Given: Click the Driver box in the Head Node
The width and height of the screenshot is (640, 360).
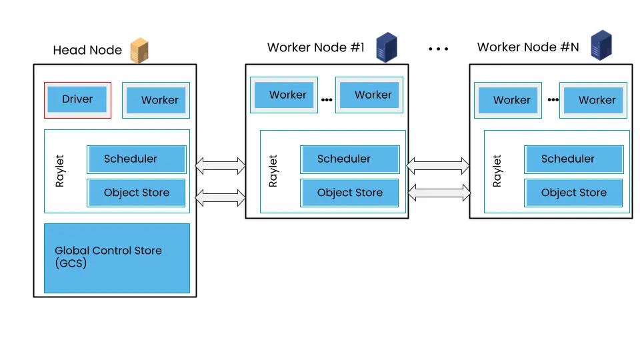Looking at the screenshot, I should point(77,100).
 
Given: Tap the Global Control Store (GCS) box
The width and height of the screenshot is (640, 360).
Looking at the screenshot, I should point(117,257).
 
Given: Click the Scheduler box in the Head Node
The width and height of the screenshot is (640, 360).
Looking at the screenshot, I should point(136,159).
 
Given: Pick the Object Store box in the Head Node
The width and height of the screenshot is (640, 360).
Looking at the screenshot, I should point(136,193).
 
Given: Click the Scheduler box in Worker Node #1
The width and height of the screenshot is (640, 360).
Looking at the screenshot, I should point(349,159).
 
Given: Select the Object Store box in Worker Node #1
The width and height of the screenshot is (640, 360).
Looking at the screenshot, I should point(349,193).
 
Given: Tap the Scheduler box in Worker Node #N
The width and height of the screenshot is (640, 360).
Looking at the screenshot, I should point(573,159).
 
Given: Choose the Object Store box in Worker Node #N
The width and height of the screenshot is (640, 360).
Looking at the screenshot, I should point(573,193).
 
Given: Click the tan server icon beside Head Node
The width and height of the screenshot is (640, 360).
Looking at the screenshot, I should point(139,50).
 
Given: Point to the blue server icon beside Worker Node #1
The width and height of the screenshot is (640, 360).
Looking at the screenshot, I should point(387,47).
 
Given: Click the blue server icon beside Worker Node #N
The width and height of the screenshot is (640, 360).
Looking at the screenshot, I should point(601,45).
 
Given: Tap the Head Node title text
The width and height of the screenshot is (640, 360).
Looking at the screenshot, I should point(87,51).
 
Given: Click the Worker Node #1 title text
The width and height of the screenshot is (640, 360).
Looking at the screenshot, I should point(316,47).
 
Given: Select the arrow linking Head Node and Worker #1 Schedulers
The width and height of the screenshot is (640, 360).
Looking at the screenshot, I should point(221,164).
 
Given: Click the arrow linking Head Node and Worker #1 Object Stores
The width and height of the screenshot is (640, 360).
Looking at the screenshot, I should point(221,197).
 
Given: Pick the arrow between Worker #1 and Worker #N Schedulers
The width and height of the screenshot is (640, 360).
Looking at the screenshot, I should point(439,164).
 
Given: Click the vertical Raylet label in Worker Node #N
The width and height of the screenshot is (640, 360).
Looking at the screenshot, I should point(497,171).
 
